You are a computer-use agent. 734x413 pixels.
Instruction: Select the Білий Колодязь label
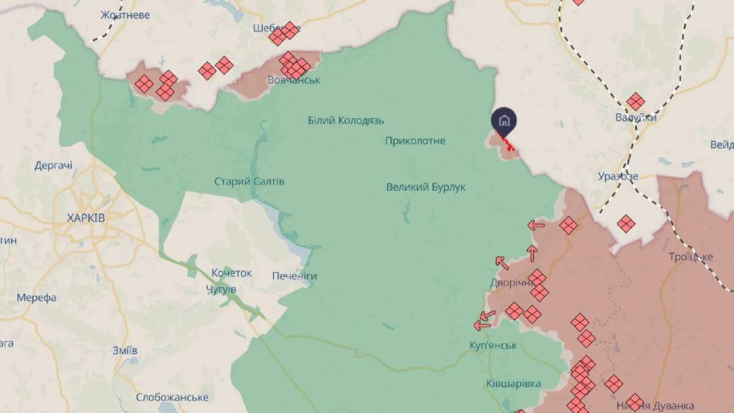(346, 121)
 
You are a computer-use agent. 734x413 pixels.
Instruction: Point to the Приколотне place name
(415, 141)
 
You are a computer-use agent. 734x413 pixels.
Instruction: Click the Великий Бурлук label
(426, 187)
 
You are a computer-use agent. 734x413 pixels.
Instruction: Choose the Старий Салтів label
(249, 182)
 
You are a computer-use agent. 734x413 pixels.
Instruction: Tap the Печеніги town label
(294, 276)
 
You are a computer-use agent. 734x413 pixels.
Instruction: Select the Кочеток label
(231, 273)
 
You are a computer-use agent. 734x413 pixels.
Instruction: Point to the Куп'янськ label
(494, 346)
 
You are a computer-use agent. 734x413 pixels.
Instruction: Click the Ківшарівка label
(513, 384)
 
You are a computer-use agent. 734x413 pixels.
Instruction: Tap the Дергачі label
(53, 165)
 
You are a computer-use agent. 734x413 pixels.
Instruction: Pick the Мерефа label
(37, 298)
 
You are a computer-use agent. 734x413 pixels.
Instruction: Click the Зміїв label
(125, 351)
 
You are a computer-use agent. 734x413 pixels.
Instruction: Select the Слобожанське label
(172, 397)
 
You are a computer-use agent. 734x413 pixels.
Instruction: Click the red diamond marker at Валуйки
(636, 102)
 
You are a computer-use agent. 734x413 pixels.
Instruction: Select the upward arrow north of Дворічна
(532, 252)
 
